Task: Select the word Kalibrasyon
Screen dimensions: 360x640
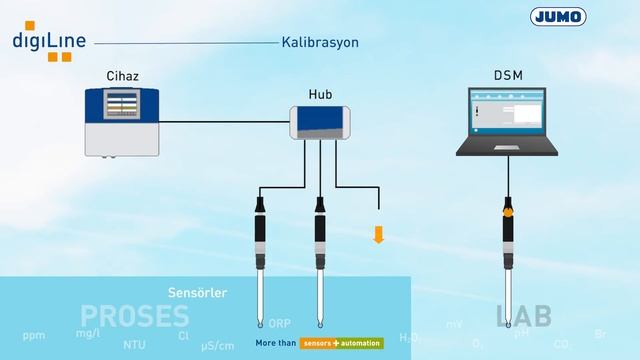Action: [319, 43]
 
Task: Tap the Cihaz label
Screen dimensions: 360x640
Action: [124, 76]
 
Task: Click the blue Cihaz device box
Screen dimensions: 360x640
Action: [124, 120]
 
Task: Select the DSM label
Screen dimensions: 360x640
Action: [507, 76]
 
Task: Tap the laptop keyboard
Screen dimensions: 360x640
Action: [507, 146]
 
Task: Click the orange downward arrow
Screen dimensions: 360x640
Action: [379, 234]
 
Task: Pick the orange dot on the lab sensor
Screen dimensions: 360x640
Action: [508, 212]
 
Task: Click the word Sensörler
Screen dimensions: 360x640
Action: [198, 293]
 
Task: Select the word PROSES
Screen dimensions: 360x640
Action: [135, 317]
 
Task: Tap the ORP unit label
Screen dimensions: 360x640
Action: [279, 324]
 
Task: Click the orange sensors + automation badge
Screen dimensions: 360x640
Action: [342, 343]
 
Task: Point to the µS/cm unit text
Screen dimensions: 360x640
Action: [217, 346]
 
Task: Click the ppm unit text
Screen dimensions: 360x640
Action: [34, 334]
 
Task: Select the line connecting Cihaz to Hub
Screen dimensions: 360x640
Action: [224, 122]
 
